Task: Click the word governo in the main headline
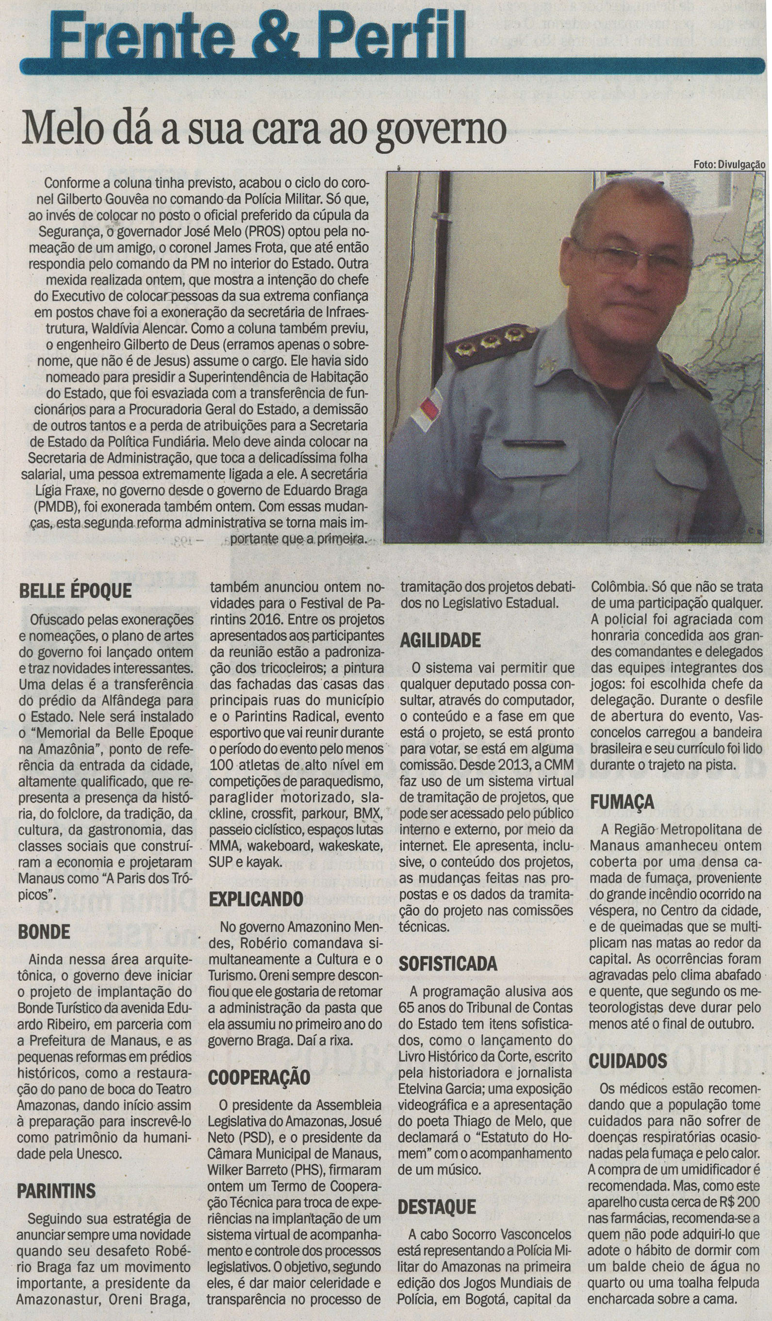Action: [442, 131]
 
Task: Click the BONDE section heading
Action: [44, 931]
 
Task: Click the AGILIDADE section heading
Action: [440, 640]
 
